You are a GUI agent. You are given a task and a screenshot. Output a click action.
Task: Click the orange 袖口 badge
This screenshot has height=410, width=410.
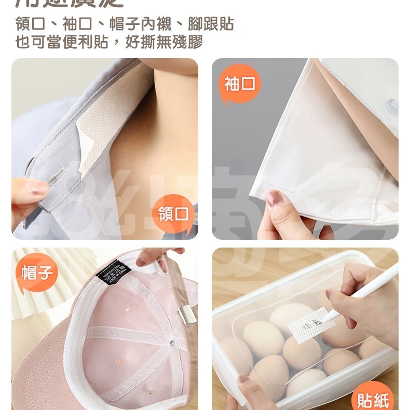240,84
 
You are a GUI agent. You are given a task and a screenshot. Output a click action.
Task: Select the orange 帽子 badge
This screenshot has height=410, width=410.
37,272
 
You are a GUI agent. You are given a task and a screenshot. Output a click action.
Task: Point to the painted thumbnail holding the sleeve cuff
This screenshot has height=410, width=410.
274,198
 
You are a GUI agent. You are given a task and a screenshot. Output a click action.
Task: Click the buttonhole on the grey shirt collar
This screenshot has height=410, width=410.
57,179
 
